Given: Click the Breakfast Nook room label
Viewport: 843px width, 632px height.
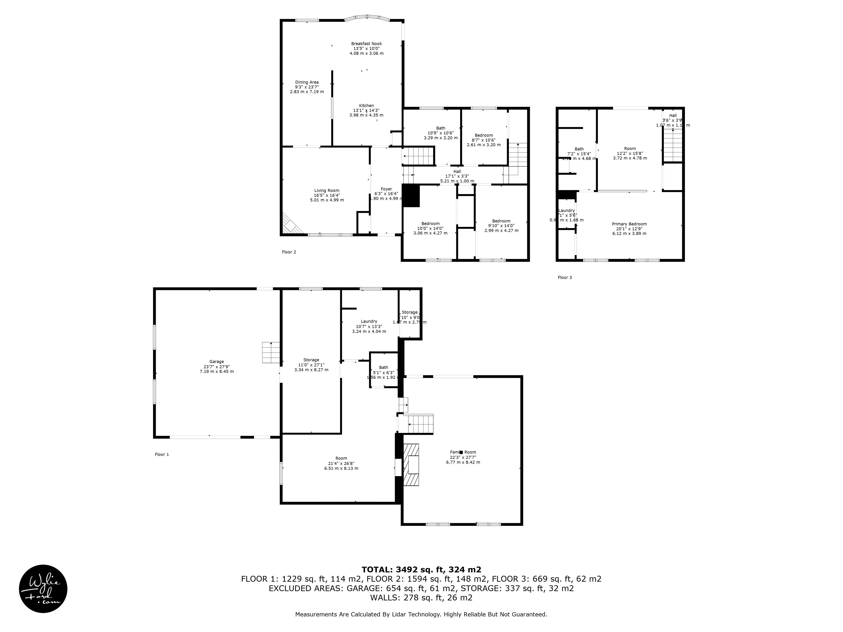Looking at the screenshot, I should coord(366,48).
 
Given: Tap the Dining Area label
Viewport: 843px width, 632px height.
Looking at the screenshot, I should coord(307,87).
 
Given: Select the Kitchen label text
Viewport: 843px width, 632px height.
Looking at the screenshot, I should coord(366,110).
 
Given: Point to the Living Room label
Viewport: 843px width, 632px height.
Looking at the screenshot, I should coord(327,195).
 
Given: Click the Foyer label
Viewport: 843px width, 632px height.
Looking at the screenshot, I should coord(386,194).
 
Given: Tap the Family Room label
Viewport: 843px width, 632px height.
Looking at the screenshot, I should coord(463,457).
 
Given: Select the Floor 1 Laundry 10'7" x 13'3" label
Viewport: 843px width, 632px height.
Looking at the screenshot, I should coord(369,326).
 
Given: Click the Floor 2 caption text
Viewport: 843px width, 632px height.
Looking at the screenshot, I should coord(289,252).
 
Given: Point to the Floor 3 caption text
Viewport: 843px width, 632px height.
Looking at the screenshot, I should coord(564,277).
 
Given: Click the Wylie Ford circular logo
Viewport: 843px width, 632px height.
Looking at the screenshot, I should coord(43,589).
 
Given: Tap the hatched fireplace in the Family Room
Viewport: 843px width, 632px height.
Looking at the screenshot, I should coord(412,465).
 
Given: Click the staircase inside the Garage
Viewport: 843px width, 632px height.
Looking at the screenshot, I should coord(271,352).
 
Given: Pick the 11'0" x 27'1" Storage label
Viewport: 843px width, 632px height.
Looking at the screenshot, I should coord(311,365).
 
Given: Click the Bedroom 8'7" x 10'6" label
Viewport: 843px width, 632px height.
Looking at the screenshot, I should coord(484,140).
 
